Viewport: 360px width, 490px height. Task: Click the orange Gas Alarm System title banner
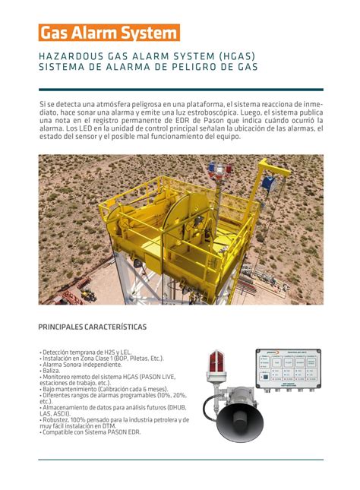(109, 33)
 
